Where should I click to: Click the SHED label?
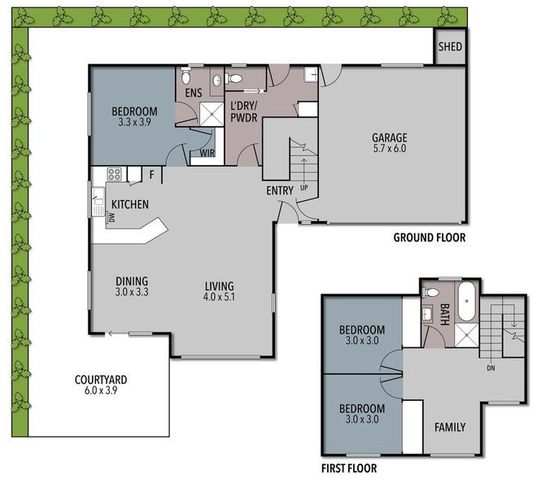[x=450, y=47]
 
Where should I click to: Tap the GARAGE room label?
[x=389, y=137]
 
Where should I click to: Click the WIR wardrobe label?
[x=198, y=152]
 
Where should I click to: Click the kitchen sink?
[x=98, y=198]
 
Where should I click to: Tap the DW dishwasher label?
[x=113, y=216]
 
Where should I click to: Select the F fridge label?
[x=152, y=174]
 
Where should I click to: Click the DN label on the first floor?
[x=491, y=367]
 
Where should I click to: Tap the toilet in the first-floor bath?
[x=431, y=292]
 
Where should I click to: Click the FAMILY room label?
[x=449, y=427]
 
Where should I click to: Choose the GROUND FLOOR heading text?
[x=429, y=237]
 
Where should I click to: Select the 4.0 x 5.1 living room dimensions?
[x=220, y=298]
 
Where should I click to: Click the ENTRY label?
[x=278, y=189]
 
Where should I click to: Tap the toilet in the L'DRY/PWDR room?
[x=235, y=79]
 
